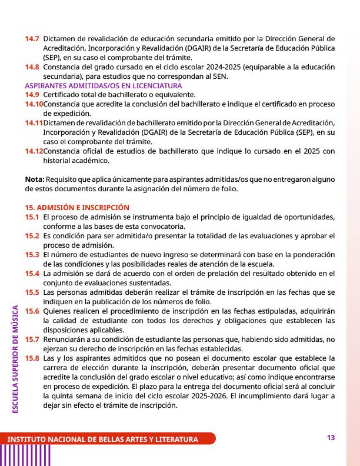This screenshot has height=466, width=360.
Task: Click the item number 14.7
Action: point(32,39)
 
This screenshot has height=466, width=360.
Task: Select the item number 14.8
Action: point(32,67)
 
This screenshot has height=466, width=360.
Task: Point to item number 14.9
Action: point(32,95)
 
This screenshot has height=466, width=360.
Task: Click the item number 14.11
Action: point(34,123)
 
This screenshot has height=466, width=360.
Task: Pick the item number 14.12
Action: point(34,151)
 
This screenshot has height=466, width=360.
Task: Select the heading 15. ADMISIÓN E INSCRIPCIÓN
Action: point(76,208)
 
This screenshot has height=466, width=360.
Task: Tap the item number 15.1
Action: point(32,217)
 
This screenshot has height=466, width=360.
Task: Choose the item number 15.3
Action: point(32,254)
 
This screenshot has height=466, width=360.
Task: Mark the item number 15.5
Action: point(32,292)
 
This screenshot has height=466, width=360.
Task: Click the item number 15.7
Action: point(32,339)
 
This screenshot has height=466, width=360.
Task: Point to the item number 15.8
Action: point(32,358)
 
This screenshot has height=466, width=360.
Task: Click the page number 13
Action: point(331,438)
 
